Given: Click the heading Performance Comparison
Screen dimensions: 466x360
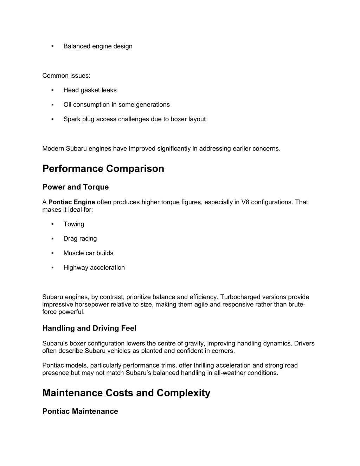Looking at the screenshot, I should coord(103,169).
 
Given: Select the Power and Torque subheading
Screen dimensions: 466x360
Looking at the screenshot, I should coord(75,187).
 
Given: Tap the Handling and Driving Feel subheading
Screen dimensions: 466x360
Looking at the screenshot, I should coord(89,328).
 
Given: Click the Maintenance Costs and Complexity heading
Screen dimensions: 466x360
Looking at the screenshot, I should coord(126,393).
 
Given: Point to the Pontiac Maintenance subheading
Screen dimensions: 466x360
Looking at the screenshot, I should coord(80,411).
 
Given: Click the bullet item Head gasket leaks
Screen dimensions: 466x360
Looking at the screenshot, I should coord(90,90).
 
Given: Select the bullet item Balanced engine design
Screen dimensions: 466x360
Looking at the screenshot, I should coord(98,46).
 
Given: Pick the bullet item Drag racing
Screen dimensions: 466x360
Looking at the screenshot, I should coord(80,238).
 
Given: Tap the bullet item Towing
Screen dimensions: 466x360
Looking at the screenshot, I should coord(73,224).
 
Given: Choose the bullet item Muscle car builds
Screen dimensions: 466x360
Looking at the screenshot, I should coord(88,253).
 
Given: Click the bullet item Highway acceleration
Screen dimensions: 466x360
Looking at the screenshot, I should coord(94,268).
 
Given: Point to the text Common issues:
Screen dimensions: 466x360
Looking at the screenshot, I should coord(66,76).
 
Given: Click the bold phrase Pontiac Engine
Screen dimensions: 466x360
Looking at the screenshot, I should coord(72,202).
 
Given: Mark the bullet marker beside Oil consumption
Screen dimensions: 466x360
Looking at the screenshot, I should coord(52,105).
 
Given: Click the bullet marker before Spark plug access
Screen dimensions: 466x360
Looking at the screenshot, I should coord(52,119).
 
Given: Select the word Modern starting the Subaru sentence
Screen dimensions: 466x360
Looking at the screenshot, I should coord(53,148).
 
